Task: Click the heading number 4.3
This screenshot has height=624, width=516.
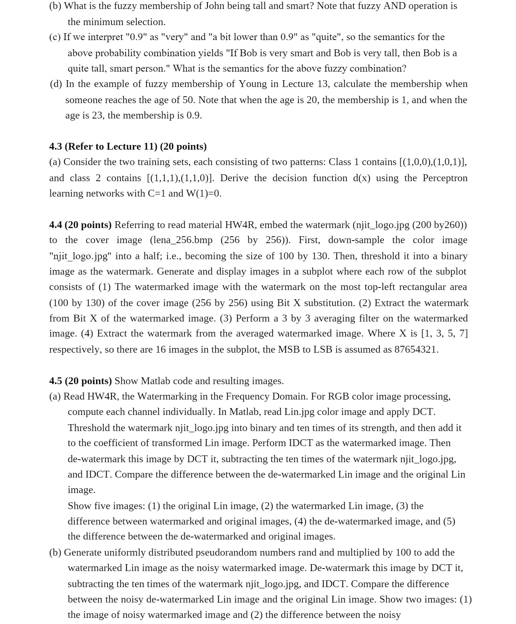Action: tap(56, 146)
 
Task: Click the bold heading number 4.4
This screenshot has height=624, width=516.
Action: tap(56, 225)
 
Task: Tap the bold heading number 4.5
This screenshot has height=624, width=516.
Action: tap(56, 381)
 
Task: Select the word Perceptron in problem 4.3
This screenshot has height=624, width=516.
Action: tap(445, 178)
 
